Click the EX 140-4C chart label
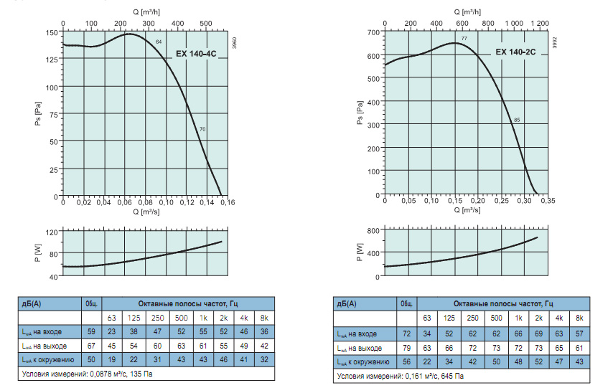tap(196, 54)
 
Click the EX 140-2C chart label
tap(515, 52)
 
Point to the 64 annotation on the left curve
tap(159, 42)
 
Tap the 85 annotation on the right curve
tap(517, 120)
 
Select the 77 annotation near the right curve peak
tap(464, 38)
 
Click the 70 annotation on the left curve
tap(202, 129)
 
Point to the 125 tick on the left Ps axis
tap(52, 60)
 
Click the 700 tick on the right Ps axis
tap(373, 32)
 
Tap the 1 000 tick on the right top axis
tap(514, 23)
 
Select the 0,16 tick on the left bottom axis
tap(228, 202)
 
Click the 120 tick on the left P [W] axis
tap(52, 232)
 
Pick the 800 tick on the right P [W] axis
tap(373, 230)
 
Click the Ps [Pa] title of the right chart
tap(360, 113)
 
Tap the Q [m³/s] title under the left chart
tap(146, 212)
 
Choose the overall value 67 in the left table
tap(91, 346)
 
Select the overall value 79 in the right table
tap(406, 348)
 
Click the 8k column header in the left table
tap(264, 318)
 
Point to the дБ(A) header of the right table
tap(347, 303)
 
